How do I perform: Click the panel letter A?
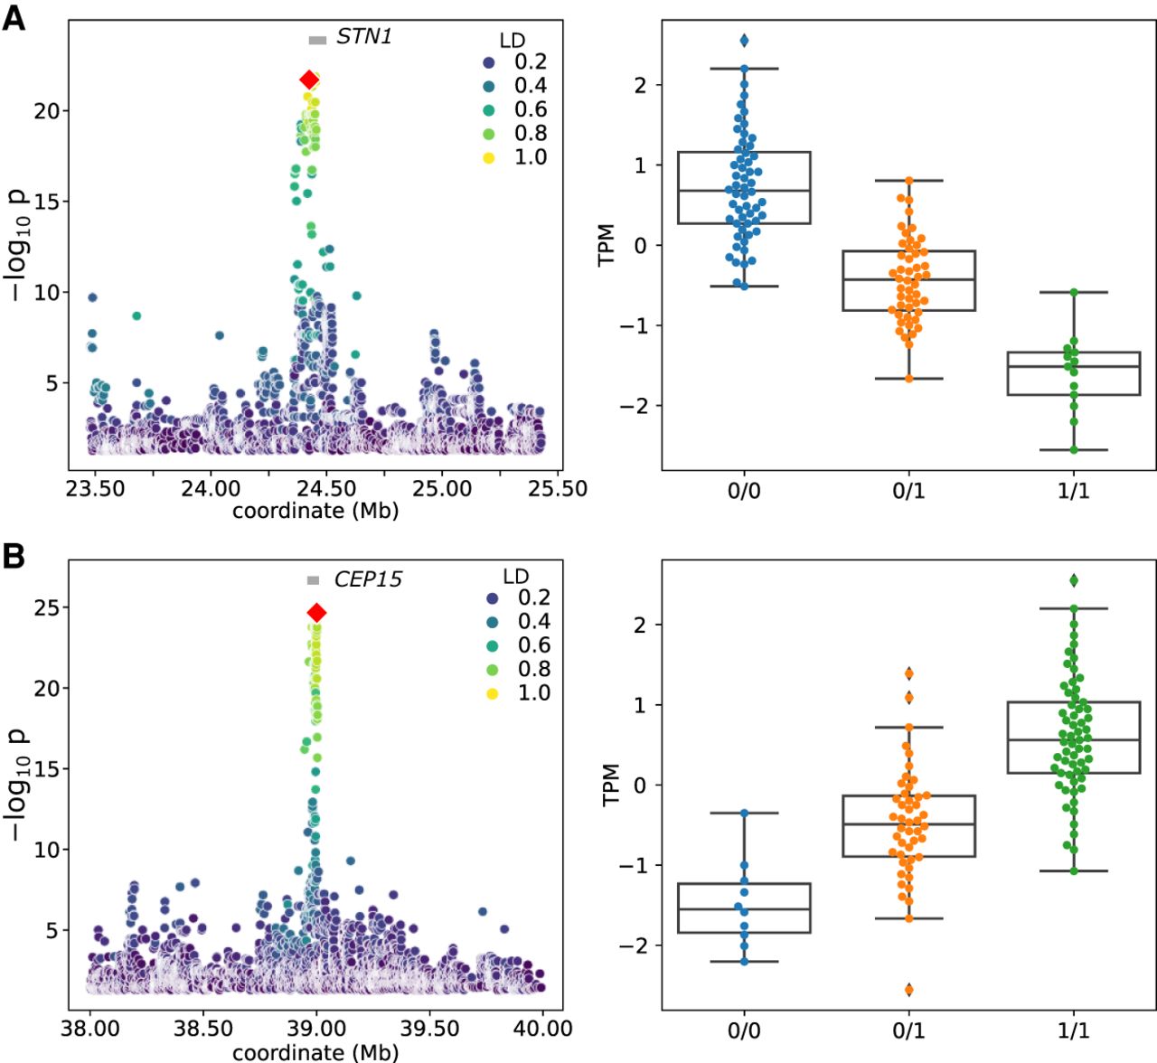click(14, 17)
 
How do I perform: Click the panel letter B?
click(14, 556)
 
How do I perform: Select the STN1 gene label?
click(363, 37)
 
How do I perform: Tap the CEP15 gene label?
click(367, 579)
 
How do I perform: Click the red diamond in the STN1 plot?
click(309, 80)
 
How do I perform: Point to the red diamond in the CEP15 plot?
click(316, 613)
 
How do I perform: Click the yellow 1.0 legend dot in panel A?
click(489, 157)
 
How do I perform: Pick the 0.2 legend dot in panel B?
click(493, 598)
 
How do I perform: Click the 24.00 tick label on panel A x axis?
click(211, 489)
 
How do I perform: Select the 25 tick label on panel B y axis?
click(46, 607)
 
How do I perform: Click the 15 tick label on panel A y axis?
click(46, 202)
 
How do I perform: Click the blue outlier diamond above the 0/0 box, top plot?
click(744, 40)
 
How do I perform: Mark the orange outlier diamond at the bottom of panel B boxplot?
click(908, 989)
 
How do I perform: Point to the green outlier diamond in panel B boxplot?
click(1073, 580)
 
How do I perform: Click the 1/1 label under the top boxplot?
click(1073, 491)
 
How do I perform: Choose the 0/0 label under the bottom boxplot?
click(744, 1030)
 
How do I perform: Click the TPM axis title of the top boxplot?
click(607, 244)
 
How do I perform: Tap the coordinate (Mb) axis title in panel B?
click(315, 1052)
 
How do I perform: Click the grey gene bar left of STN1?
click(316, 40)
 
